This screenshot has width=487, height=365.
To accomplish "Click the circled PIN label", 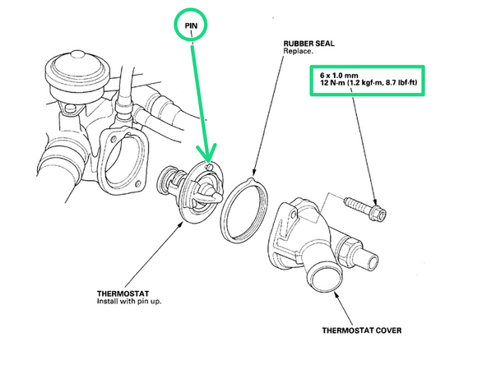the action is coord(191,25).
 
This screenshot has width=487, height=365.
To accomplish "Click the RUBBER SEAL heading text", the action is coord(308,44).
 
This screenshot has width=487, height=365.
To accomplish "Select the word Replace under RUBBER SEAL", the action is coord(298,51).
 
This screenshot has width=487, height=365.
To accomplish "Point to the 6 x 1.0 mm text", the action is coord(339,76).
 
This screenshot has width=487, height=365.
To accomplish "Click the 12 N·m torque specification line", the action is coord(369,83).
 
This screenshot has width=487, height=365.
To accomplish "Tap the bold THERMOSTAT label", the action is coord(123,293).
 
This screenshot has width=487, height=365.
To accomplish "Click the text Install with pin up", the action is coord(129,301).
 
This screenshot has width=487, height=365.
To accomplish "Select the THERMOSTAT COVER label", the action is coord(361,330).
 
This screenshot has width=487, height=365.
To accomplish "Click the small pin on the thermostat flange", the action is coord(209,167).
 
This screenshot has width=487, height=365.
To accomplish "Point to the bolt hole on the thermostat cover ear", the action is coord(293,215).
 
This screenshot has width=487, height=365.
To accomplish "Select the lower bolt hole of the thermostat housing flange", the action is coord(138,184).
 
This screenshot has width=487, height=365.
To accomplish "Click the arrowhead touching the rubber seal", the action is coord(254,173).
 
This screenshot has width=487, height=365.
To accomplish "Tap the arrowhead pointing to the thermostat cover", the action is coord(336,295).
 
